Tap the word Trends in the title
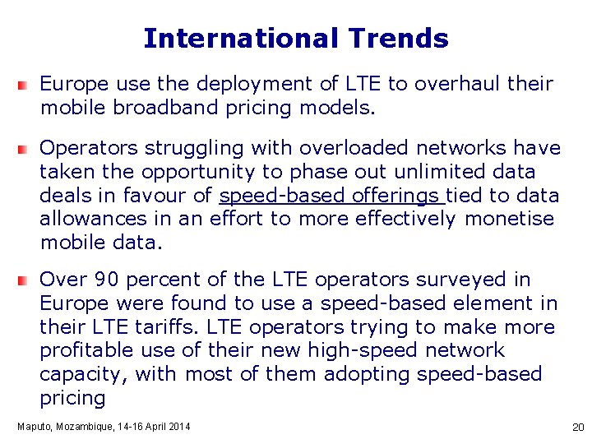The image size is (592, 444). tap(398, 39)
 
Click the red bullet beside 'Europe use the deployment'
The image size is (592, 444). tap(27, 84)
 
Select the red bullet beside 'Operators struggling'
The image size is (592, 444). tap(27, 148)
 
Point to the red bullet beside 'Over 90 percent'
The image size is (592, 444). tap(27, 280)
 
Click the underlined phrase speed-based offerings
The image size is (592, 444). tap(331, 196)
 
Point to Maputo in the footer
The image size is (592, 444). tap(35, 426)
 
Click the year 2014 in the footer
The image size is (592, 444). tap(177, 426)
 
